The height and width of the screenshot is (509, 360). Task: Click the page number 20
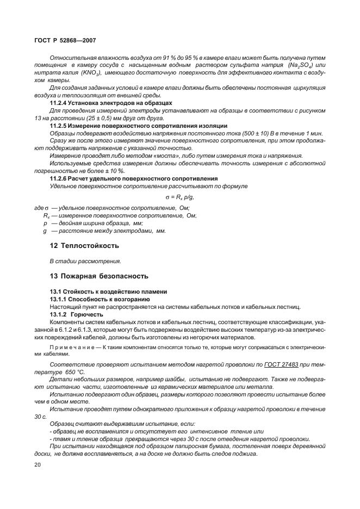pos(38,464)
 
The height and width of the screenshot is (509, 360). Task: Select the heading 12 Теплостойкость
pos(84,245)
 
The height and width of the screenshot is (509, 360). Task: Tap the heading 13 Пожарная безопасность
pos(98,276)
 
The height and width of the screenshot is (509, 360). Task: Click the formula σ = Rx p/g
pos(179,197)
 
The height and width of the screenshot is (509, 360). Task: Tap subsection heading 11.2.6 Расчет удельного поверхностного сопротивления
pos(134,178)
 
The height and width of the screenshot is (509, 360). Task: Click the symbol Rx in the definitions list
pos(47,216)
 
